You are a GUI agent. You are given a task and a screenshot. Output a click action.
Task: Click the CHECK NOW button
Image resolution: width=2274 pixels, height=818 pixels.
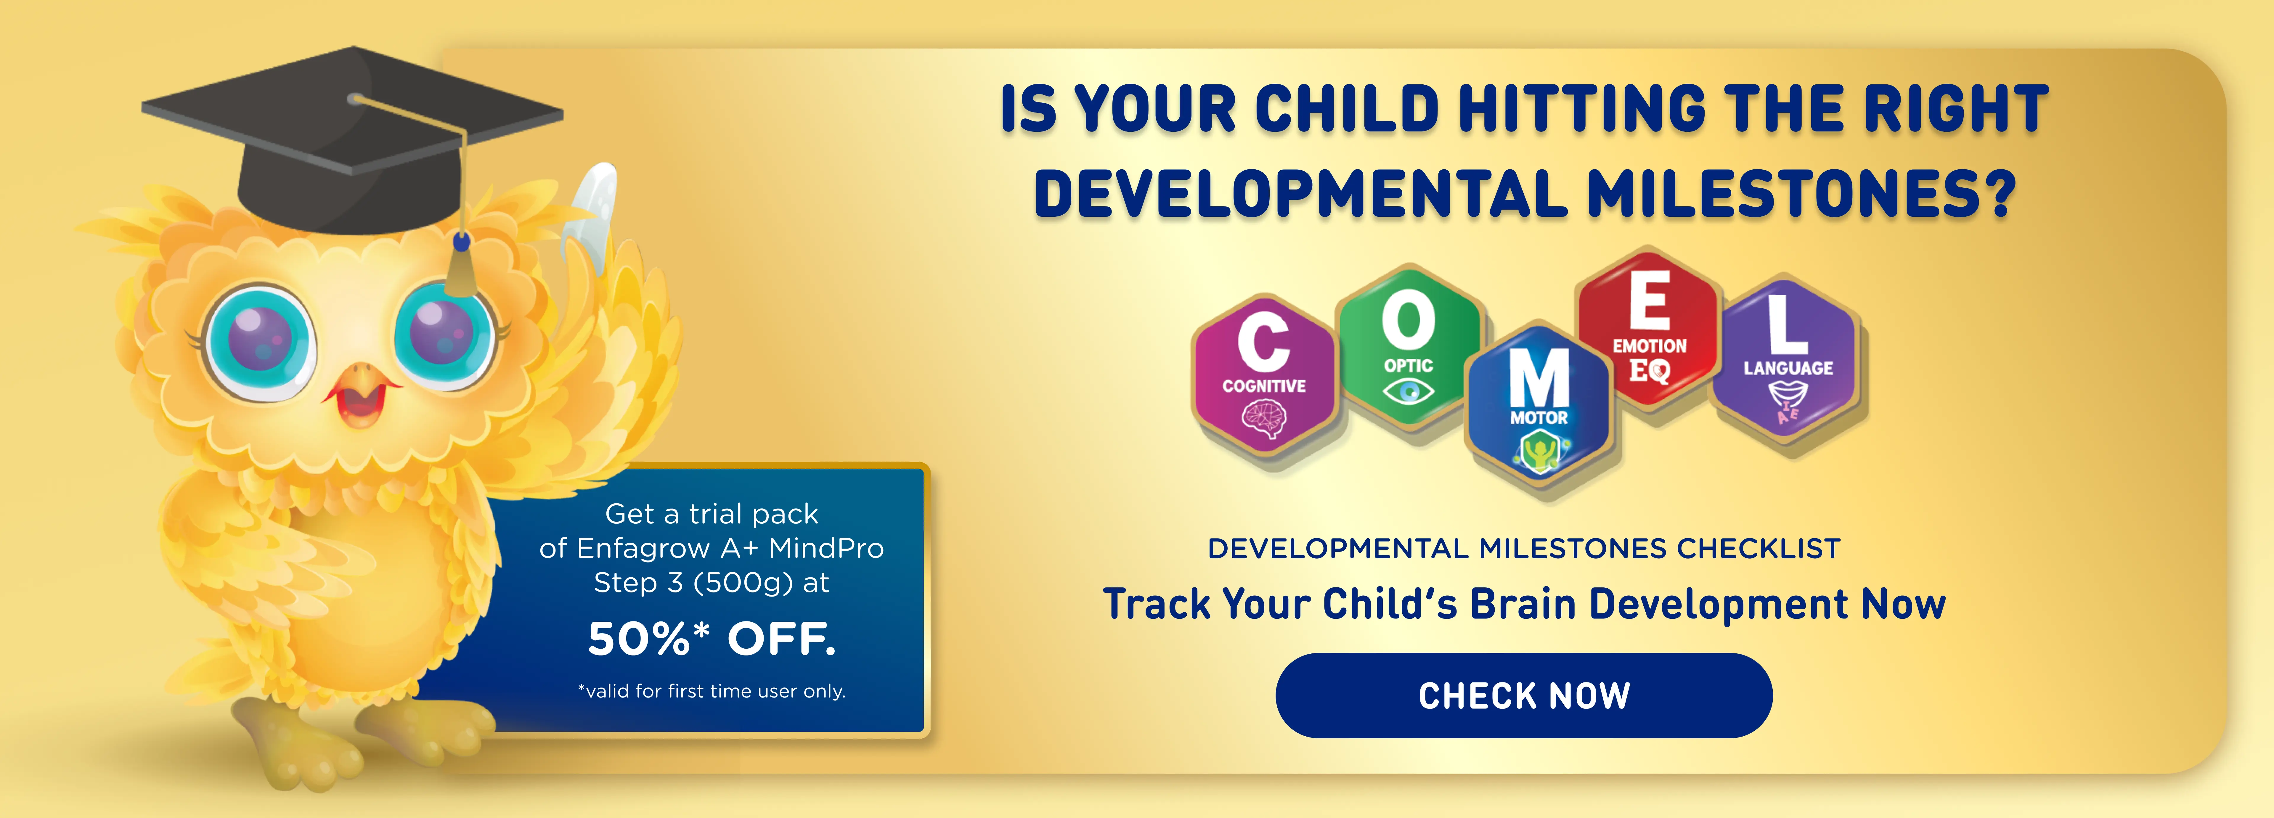point(1524,695)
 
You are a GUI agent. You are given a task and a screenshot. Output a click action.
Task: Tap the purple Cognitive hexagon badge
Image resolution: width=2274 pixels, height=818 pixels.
point(1264,374)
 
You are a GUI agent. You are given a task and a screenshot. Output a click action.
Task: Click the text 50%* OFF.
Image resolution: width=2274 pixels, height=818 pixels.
point(712,639)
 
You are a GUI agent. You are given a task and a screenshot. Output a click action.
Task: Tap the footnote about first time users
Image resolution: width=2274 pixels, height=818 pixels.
point(712,691)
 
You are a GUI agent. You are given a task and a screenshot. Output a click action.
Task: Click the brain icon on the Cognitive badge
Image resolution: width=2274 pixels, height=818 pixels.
point(1264,419)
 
